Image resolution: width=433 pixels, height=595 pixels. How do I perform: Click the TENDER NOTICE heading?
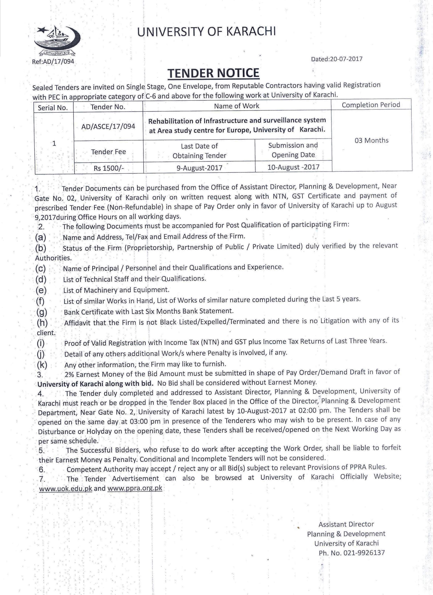click(213, 73)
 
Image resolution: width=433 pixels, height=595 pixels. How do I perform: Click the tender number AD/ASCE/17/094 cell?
click(108, 126)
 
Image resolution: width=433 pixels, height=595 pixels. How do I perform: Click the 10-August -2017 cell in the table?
click(293, 167)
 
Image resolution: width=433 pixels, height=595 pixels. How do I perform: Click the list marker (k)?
click(42, 365)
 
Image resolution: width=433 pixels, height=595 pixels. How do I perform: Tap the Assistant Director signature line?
click(346, 524)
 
